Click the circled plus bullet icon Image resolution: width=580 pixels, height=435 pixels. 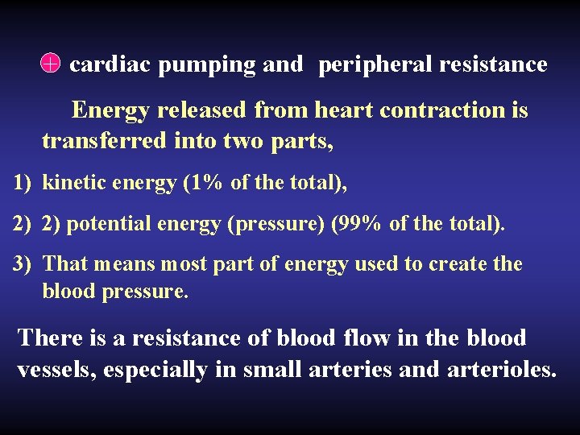(50, 64)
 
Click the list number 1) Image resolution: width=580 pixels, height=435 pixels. (22, 183)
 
